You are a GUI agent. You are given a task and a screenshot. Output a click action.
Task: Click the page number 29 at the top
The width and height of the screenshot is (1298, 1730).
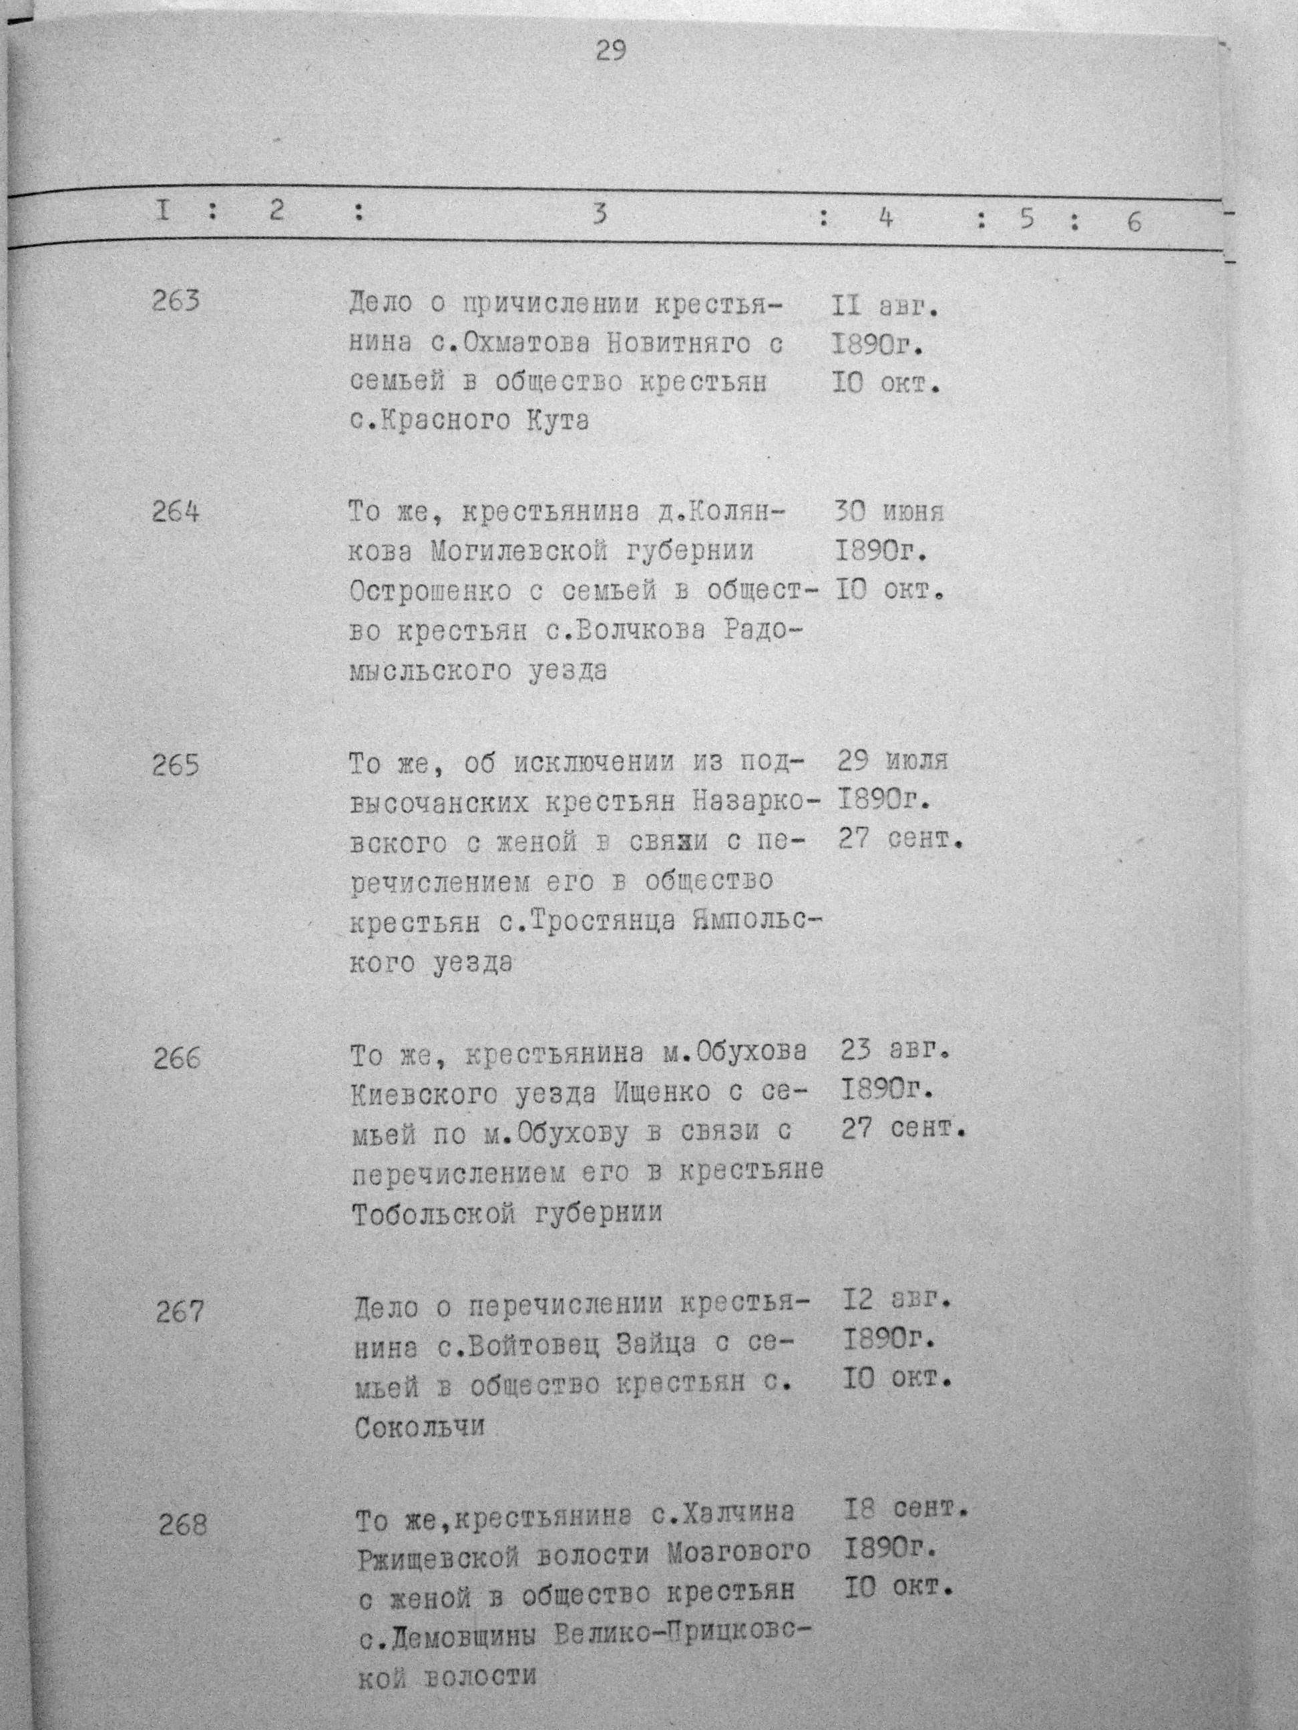[x=610, y=51]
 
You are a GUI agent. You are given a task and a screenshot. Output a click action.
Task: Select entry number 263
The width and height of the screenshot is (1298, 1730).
[x=176, y=301]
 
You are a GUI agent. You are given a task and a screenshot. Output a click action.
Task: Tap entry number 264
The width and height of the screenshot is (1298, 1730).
[x=176, y=513]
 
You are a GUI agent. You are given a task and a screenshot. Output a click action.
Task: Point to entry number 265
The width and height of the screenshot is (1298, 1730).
[x=176, y=765]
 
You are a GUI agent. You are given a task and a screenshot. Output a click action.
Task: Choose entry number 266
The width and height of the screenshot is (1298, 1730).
[x=177, y=1059]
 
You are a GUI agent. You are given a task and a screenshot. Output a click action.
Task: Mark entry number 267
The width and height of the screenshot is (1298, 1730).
[x=180, y=1312]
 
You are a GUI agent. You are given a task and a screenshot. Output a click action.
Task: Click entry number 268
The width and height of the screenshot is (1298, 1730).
[x=182, y=1524]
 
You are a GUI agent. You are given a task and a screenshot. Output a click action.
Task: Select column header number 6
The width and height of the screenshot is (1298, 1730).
[x=1134, y=223]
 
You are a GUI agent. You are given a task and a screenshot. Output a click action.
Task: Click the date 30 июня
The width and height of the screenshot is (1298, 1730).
[x=890, y=513]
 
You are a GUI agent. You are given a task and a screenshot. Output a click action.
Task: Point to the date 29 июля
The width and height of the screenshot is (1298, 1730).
[x=893, y=760]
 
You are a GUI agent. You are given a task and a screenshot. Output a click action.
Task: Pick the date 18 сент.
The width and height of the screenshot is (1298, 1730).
[x=906, y=1510]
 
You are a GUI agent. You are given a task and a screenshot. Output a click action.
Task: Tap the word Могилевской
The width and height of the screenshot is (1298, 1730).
[x=519, y=552]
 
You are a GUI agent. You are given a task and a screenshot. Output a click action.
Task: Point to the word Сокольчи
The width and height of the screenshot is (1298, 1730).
[x=420, y=1428]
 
